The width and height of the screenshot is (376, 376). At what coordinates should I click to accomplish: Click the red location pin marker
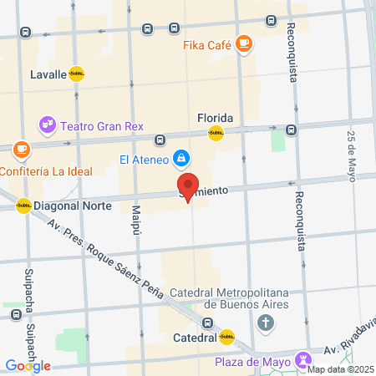click(x=188, y=187)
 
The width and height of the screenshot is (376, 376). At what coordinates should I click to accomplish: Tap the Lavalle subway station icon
click(x=77, y=74)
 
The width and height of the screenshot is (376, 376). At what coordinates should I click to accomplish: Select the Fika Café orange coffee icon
click(x=244, y=43)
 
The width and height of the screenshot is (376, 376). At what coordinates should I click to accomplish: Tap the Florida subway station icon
click(x=216, y=132)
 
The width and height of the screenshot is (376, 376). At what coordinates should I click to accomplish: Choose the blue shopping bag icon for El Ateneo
click(x=180, y=158)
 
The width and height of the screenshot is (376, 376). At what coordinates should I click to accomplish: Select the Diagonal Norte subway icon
click(x=23, y=205)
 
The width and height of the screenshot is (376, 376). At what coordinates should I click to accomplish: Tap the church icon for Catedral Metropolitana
click(x=266, y=323)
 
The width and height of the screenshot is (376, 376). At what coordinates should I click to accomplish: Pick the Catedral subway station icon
click(x=226, y=338)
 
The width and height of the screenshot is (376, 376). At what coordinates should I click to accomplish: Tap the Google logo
click(x=28, y=365)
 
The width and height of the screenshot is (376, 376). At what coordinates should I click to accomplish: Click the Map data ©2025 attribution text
click(x=342, y=369)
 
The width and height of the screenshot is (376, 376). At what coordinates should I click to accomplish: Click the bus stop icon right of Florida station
click(x=291, y=130)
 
